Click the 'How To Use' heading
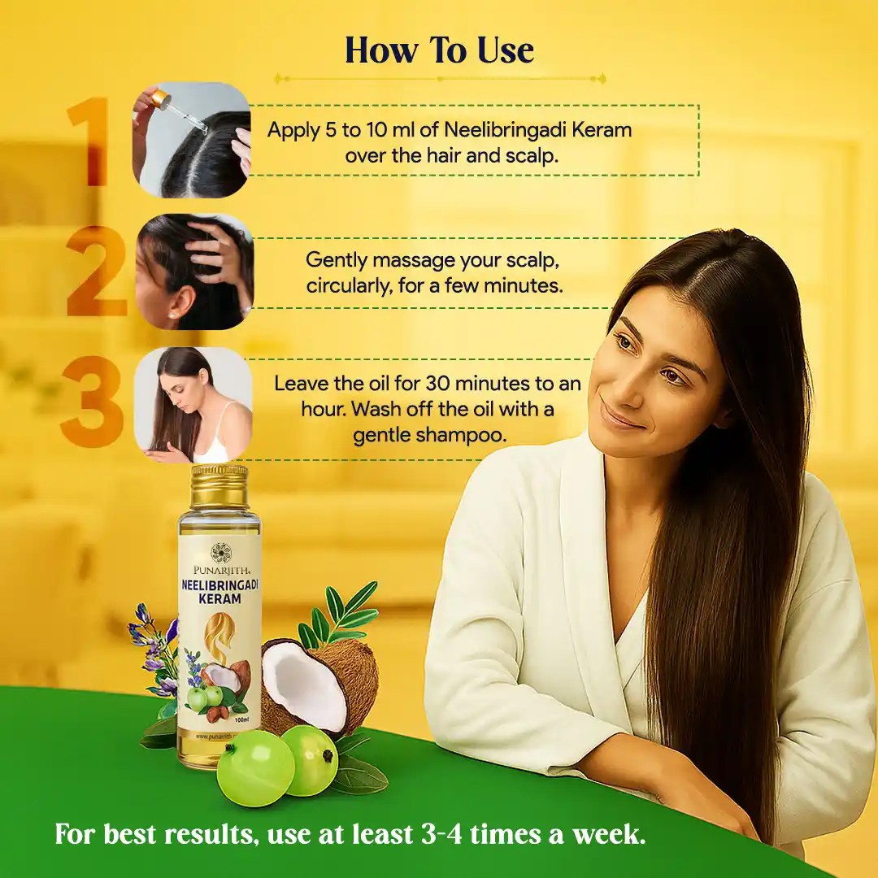(x=439, y=50)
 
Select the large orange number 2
(x=96, y=272)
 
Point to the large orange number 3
(x=93, y=401)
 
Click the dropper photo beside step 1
(x=192, y=140)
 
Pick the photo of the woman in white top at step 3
(x=193, y=404)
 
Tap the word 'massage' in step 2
(x=413, y=260)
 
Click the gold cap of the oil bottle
(x=219, y=485)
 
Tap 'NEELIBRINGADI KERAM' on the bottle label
(x=219, y=591)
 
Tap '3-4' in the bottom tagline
(x=441, y=834)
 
